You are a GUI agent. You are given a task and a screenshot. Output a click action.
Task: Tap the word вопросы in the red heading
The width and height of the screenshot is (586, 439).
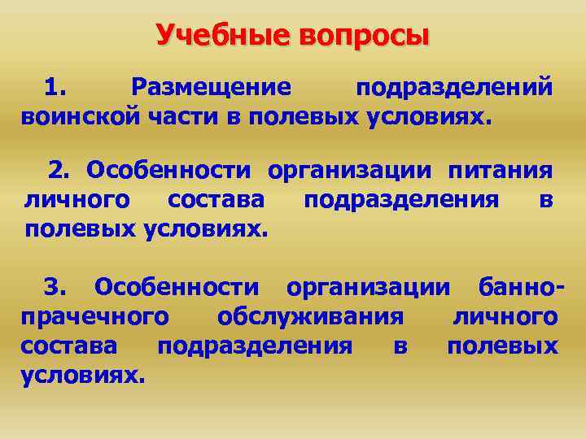(x=362, y=35)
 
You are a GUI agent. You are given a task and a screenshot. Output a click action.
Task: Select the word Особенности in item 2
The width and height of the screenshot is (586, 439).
(x=171, y=171)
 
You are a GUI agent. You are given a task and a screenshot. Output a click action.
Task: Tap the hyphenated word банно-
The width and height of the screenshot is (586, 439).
(x=520, y=286)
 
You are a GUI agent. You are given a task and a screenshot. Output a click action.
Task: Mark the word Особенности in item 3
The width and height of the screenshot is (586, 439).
(x=177, y=286)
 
